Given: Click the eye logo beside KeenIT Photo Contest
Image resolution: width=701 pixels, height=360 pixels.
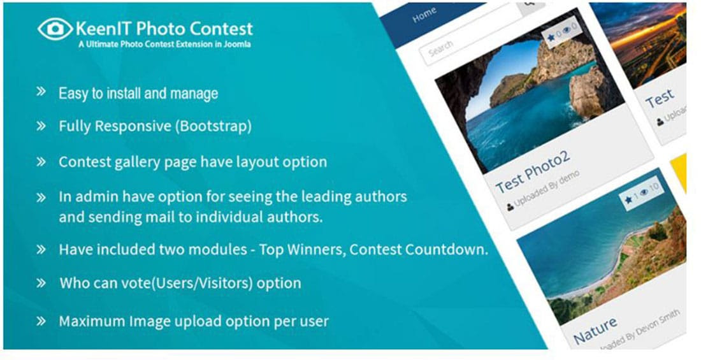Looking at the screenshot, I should click(55, 29).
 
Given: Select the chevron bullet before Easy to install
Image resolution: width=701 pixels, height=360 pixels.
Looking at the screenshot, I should click(41, 92).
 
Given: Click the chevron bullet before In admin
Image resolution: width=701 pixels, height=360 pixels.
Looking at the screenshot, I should click(41, 196).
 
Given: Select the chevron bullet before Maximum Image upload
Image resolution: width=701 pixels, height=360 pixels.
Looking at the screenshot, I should click(41, 320).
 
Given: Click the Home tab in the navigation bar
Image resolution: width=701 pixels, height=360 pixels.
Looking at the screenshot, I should click(424, 15).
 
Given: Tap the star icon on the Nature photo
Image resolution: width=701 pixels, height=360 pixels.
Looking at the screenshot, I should click(628, 200).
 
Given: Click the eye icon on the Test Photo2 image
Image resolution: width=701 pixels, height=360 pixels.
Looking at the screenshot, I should click(565, 31).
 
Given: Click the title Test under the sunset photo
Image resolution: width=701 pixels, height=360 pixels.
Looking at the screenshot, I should click(659, 99).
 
